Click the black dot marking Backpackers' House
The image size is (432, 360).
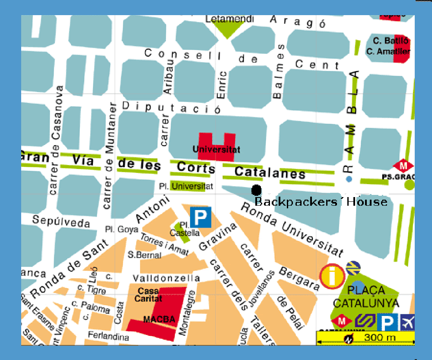pyautogui.click(x=257, y=190)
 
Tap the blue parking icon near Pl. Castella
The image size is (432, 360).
pyautogui.click(x=200, y=217)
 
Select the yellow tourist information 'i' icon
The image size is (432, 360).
pyautogui.click(x=332, y=276)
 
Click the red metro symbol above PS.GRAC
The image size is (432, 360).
pyautogui.click(x=403, y=166)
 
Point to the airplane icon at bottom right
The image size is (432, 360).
pyautogui.click(x=407, y=322)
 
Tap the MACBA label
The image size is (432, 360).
pyautogui.click(x=159, y=320)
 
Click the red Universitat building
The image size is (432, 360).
pyautogui.click(x=216, y=147)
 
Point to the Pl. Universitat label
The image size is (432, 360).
pyautogui.click(x=186, y=187)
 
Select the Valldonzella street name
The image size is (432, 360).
pyautogui.click(x=166, y=278)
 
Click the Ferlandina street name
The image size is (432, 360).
pyautogui.click(x=108, y=335)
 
